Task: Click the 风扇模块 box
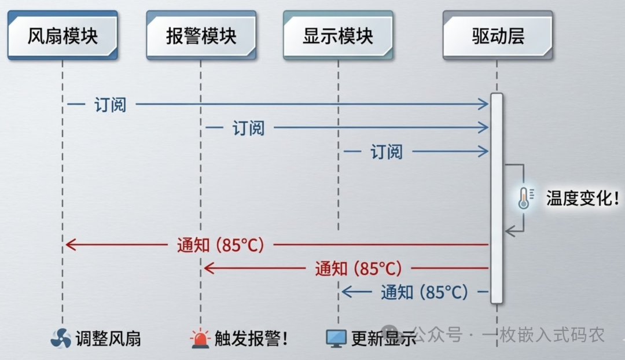point(62,36)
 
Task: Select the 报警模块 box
point(201,36)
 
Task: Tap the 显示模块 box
point(339,36)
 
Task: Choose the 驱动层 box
point(498,36)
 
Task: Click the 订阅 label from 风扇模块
point(110,105)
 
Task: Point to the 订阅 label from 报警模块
point(249,128)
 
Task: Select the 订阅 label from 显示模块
point(387,152)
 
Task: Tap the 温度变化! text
point(582,199)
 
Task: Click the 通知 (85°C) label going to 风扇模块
point(220,245)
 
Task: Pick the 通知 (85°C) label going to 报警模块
point(358,269)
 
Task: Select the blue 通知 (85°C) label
point(424,292)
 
